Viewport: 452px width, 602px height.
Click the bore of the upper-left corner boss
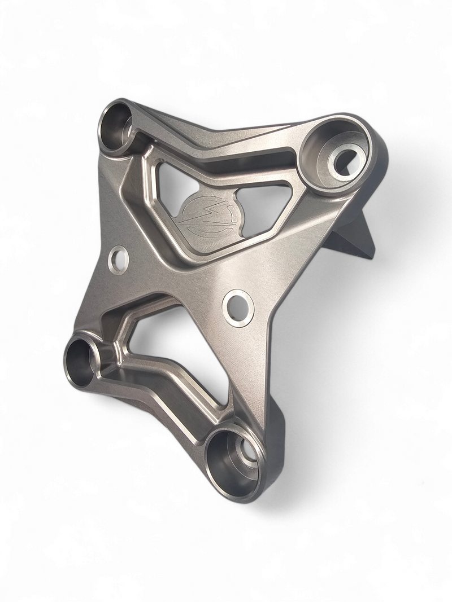[115, 125]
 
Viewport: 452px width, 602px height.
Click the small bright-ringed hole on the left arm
[119, 260]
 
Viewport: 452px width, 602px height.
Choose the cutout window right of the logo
[263, 206]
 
